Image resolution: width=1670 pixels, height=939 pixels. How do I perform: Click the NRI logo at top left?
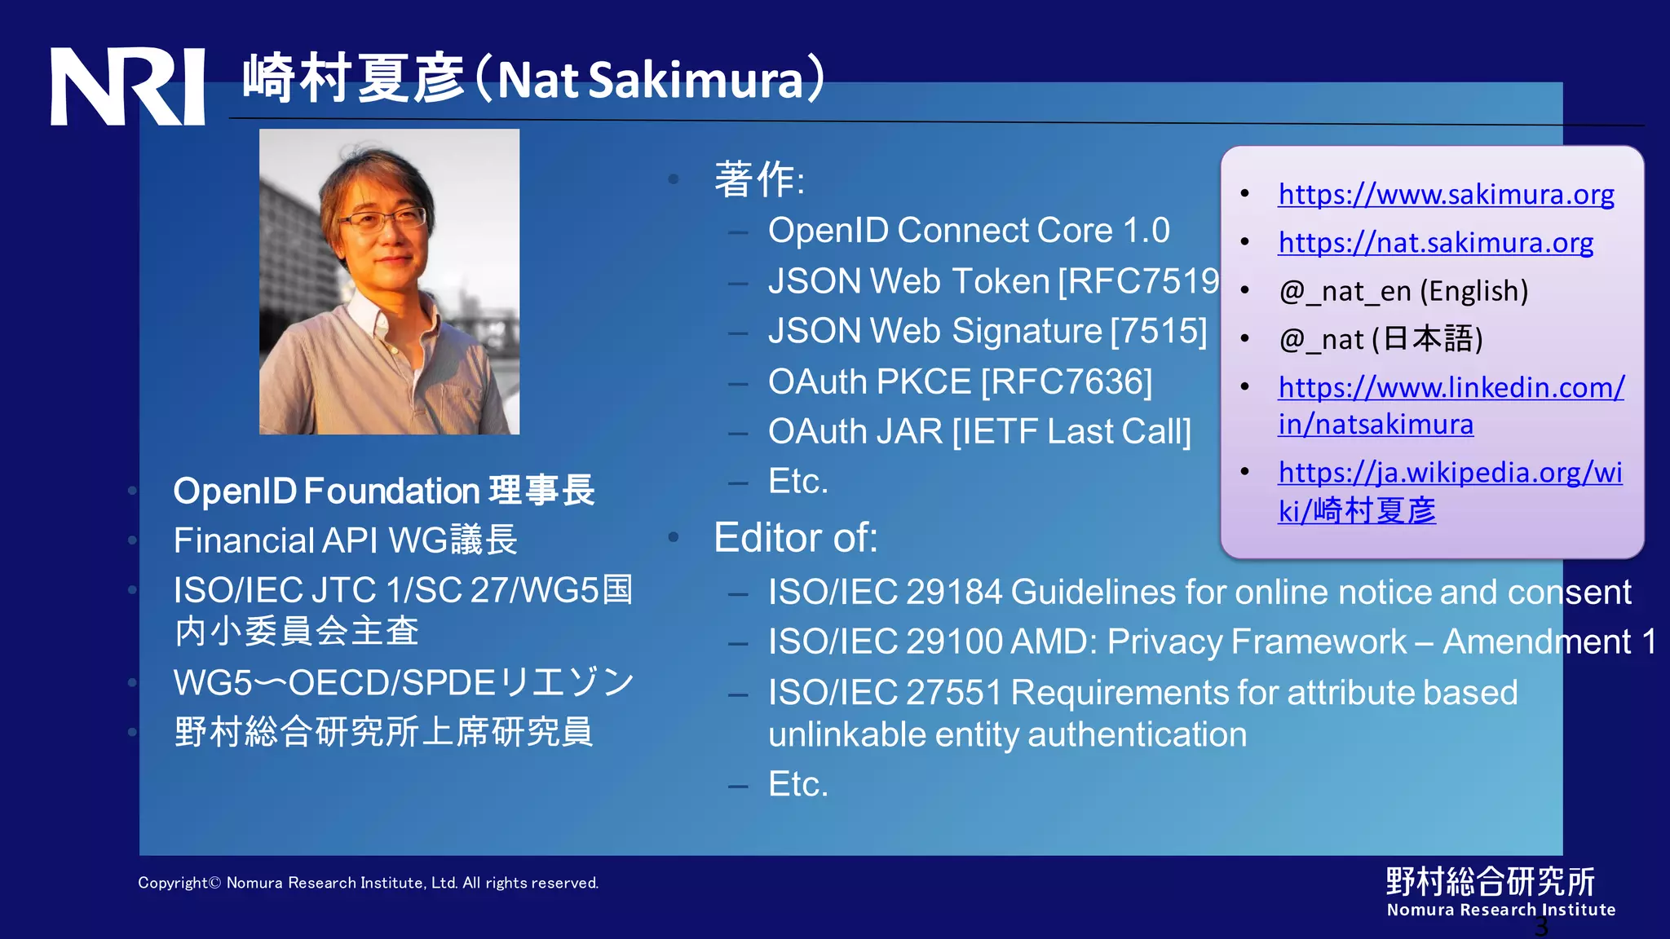(x=127, y=86)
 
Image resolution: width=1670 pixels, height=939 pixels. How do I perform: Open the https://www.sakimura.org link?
(x=1446, y=194)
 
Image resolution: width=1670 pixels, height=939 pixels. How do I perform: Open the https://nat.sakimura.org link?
(x=1435, y=242)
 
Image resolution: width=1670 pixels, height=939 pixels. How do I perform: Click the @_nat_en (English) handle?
(x=1403, y=291)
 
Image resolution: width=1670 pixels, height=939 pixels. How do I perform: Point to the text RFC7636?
(x=1067, y=381)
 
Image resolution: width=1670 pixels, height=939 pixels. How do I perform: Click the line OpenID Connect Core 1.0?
(x=968, y=231)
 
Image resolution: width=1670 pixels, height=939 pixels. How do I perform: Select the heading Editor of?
(x=795, y=538)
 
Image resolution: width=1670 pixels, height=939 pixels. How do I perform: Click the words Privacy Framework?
(x=1257, y=642)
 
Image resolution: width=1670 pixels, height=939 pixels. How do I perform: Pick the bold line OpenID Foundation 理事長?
(x=383, y=491)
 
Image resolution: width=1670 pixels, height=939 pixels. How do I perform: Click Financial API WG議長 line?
(x=345, y=540)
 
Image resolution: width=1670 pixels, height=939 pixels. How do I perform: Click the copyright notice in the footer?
(x=368, y=883)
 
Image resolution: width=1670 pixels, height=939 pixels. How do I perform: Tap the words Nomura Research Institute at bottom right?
(x=1500, y=910)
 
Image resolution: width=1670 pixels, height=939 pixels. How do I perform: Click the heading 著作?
(x=758, y=179)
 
